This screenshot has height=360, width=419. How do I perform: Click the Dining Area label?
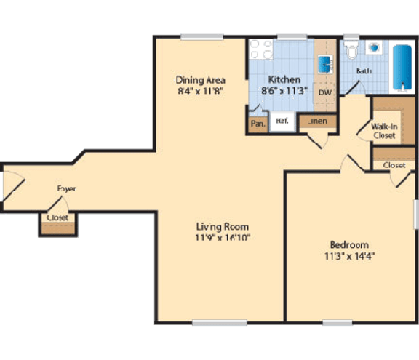pyautogui.click(x=200, y=80)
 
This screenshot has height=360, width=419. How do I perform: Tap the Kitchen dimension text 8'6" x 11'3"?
pyautogui.click(x=284, y=92)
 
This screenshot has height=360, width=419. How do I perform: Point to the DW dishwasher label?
pyautogui.click(x=325, y=93)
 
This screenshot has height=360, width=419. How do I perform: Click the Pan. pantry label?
pyautogui.click(x=258, y=124)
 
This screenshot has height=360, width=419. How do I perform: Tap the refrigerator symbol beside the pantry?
pyautogui.click(x=282, y=121)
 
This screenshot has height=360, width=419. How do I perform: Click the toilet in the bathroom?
pyautogui.click(x=351, y=51)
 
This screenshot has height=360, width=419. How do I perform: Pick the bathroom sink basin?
pyautogui.click(x=374, y=47)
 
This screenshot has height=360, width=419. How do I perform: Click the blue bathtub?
pyautogui.click(x=402, y=67)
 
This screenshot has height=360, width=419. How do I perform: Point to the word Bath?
pyautogui.click(x=364, y=71)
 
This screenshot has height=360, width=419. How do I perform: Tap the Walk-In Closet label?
pyautogui.click(x=384, y=130)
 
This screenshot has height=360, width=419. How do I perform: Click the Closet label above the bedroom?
pyautogui.click(x=394, y=165)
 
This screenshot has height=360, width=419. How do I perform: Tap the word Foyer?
pyautogui.click(x=67, y=189)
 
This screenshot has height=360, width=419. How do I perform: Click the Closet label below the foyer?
pyautogui.click(x=57, y=217)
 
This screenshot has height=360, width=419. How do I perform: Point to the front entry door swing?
pyautogui.click(x=12, y=186)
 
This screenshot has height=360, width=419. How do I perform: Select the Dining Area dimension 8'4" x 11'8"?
pyautogui.click(x=200, y=92)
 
